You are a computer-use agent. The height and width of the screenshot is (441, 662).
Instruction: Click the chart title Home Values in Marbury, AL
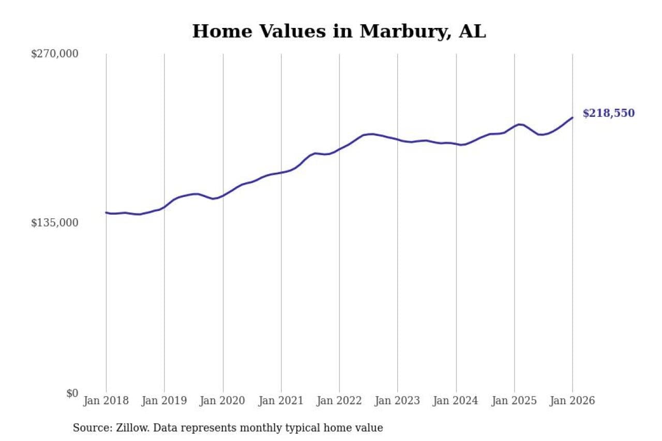339,32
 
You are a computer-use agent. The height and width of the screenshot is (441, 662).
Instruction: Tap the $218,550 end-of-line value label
608,114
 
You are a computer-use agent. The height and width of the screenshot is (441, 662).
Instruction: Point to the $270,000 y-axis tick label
55,54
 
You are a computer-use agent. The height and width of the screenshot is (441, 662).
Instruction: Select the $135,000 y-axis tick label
55,223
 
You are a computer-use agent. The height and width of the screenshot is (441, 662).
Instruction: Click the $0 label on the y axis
72,393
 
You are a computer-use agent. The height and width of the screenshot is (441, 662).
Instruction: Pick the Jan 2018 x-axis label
106,401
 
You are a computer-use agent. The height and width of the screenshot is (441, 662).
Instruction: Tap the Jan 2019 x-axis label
164,401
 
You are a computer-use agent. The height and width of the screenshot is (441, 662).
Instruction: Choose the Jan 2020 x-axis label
223,401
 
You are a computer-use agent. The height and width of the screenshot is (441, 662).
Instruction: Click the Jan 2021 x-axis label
281,401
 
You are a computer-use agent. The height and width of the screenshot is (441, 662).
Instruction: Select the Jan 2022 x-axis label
339,401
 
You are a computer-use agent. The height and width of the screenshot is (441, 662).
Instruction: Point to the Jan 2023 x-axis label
398,401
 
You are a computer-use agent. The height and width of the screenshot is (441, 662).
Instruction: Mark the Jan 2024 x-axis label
456,401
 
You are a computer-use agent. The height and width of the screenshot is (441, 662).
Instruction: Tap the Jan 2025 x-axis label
515,401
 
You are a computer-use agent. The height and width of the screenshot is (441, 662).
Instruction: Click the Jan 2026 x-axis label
573,401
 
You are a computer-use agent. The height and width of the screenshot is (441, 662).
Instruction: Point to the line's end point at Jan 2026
573,117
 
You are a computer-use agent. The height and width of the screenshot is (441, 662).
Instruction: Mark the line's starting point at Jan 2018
106,212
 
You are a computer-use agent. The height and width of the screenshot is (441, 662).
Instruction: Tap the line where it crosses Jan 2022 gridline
339,149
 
